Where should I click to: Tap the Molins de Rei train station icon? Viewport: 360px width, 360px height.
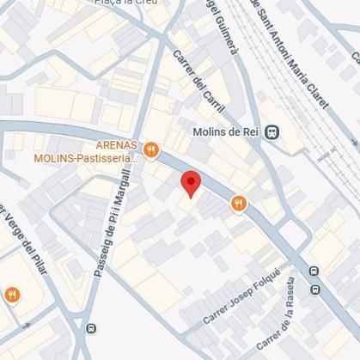coord(272,131)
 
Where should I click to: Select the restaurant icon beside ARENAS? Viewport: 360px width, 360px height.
coord(152,149)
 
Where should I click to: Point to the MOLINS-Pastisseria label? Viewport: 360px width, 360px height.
coord(86,158)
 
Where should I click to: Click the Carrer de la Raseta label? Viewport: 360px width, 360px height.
coord(289,319)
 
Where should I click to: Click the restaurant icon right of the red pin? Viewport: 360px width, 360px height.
coord(238,204)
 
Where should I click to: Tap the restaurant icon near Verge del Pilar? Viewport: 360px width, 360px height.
coord(12,295)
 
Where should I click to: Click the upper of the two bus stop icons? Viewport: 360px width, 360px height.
coord(314,272)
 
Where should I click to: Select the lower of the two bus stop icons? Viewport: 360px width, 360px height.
coord(315,290)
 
